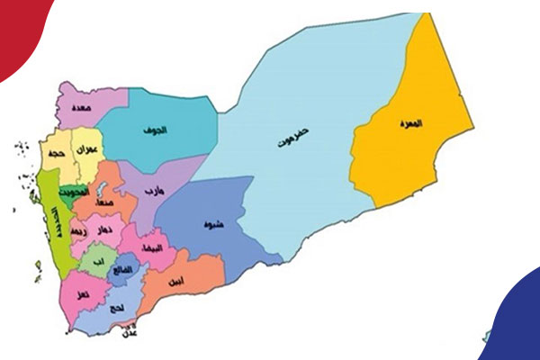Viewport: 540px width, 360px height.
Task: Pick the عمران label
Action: pos(87,149)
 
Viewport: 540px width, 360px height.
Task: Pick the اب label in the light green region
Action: pos(97,263)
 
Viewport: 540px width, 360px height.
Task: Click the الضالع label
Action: pos(123,269)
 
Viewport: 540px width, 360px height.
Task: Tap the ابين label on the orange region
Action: pos(175,282)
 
